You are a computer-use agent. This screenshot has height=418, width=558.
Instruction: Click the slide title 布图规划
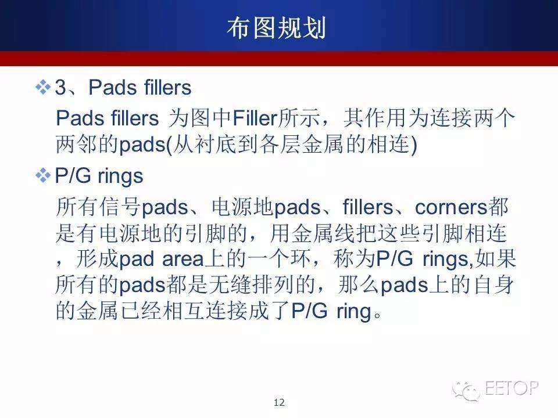point(276,28)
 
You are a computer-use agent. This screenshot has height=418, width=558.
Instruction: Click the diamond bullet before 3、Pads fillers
point(43,87)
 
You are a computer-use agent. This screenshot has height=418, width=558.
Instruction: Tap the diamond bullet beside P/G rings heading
point(43,175)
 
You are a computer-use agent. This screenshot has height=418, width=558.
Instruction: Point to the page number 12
point(279,402)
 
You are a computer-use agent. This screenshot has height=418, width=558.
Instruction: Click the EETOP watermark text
point(511,388)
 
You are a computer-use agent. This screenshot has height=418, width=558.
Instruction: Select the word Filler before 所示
point(254,118)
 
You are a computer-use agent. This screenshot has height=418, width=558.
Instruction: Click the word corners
point(451,207)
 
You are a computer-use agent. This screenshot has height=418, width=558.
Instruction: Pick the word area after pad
point(183,259)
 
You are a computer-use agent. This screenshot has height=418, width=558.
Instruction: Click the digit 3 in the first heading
point(61,88)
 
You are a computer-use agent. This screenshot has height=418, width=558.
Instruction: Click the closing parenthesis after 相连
point(413,145)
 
